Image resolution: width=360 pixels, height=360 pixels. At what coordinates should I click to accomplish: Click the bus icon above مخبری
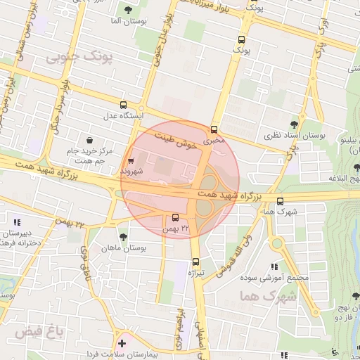(214, 129)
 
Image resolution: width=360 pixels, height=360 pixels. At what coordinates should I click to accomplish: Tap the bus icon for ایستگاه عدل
(124, 103)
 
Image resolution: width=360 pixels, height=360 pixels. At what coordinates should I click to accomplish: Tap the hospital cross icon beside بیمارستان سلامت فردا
(123, 344)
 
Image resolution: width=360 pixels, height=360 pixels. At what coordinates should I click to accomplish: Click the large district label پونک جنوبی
(79, 56)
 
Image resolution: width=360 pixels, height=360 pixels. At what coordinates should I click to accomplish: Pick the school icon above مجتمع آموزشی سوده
(274, 266)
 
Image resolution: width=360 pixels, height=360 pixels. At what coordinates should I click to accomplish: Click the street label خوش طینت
(175, 141)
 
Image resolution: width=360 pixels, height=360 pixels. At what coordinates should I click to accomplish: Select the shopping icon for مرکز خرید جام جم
(89, 140)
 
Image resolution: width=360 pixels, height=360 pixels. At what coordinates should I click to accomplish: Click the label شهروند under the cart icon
(131, 171)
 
